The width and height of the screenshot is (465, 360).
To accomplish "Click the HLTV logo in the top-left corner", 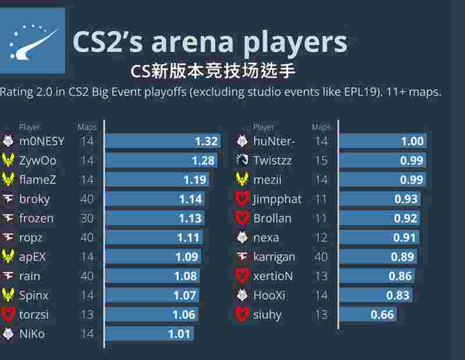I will pos(33,41).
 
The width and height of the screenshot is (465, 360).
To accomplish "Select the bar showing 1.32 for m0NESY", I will pos(163,141).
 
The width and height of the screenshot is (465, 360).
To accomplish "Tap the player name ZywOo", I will pos(38,161).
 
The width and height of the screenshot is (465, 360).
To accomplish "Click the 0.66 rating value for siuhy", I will pos(382,315).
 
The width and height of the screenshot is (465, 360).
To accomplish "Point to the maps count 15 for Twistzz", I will pos(321,161).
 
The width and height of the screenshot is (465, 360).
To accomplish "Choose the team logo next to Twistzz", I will pos(242,161).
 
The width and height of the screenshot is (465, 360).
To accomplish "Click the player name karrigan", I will pos(274,257).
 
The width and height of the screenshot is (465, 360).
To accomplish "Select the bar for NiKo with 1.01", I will pos(149,334).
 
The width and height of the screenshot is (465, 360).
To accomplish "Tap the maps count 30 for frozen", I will pos(87,219).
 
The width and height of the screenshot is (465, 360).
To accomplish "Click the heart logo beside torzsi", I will pos(8,315).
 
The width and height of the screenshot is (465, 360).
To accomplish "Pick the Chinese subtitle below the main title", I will pos(213,71).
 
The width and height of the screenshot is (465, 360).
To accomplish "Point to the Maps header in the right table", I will pos(321,127).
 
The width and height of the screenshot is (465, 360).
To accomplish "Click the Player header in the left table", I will pos(30,127).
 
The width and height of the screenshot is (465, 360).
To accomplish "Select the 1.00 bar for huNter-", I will pos(382,141).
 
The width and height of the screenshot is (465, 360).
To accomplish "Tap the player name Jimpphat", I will pos(277,199).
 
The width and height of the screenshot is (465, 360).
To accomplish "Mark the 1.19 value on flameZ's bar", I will pos(195,180).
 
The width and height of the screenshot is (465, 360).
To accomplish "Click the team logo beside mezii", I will pos(242,180).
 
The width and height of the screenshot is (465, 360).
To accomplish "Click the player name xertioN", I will pos(273,276).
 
